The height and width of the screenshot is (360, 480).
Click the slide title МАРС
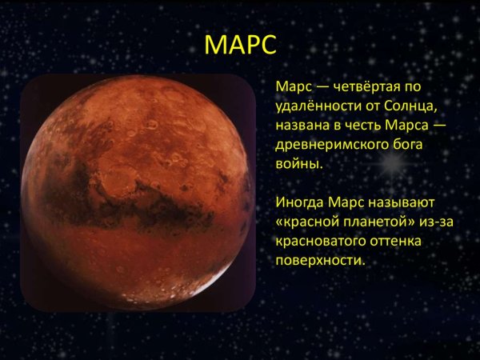240,44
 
